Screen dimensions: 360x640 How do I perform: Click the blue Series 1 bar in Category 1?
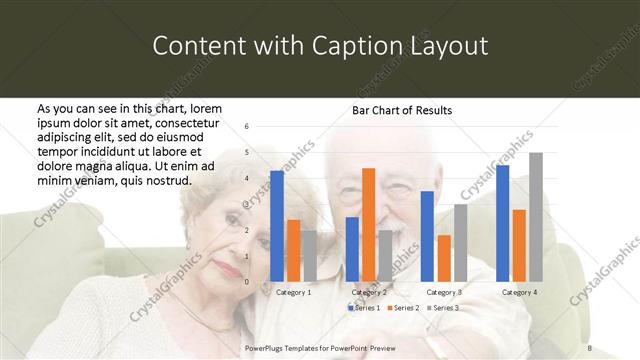pyautogui.click(x=277, y=226)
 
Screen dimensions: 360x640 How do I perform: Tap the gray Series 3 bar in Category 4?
pyautogui.click(x=535, y=217)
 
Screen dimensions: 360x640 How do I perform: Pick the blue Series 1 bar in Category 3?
pyautogui.click(x=427, y=236)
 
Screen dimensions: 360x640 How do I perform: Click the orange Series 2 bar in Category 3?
pyautogui.click(x=443, y=258)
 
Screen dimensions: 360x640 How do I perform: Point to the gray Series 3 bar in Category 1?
pyautogui.click(x=309, y=256)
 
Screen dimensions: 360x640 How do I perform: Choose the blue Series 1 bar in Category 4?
pyautogui.click(x=502, y=223)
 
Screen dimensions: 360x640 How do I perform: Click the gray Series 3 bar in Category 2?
pyautogui.click(x=385, y=256)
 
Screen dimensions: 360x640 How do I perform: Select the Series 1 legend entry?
pyautogui.click(x=363, y=308)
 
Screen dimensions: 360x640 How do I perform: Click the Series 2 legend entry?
pyautogui.click(x=402, y=308)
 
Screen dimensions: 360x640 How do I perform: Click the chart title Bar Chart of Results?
pyautogui.click(x=402, y=110)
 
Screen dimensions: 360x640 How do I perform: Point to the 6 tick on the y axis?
pyautogui.click(x=246, y=127)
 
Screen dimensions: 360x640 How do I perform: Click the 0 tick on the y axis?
pyautogui.click(x=246, y=282)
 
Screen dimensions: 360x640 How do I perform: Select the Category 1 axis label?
pyautogui.click(x=293, y=292)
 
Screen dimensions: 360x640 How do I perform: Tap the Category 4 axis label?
pyautogui.click(x=518, y=292)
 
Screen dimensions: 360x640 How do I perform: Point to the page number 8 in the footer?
pyautogui.click(x=589, y=347)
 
